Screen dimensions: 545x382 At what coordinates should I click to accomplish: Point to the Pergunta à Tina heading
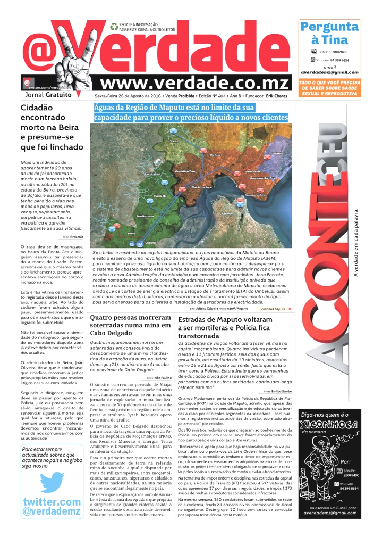tap(329, 33)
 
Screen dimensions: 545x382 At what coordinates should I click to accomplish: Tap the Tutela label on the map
tap(173, 142)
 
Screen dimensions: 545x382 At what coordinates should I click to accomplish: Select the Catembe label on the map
tap(227, 213)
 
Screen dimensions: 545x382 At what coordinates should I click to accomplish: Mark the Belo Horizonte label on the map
tap(145, 216)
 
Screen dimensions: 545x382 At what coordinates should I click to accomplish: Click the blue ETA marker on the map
tap(140, 243)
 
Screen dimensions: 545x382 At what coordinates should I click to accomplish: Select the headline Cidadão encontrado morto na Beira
tap(52, 127)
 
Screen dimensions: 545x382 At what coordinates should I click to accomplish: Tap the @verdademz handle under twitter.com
tap(52, 512)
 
